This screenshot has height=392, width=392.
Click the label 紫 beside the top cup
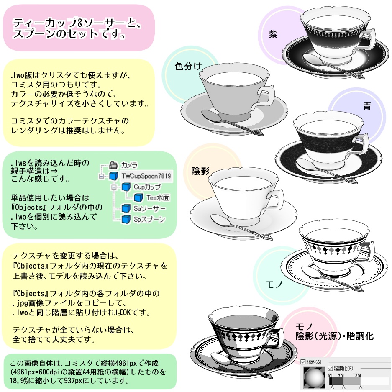273,34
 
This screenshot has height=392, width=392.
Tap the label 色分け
188,66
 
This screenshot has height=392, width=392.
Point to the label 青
367,106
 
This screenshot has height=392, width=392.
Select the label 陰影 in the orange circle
200,171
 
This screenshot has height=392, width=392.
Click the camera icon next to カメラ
113,165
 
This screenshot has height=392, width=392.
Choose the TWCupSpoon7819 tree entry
146,176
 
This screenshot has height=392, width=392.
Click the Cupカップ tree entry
147,187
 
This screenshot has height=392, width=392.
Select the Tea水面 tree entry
158,197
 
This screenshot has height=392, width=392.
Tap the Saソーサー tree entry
149,208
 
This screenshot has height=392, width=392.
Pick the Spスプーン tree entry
149,219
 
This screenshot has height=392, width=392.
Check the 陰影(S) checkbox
303,362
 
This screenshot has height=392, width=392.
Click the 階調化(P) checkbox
330,368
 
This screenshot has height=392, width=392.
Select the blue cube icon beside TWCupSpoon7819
114,176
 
